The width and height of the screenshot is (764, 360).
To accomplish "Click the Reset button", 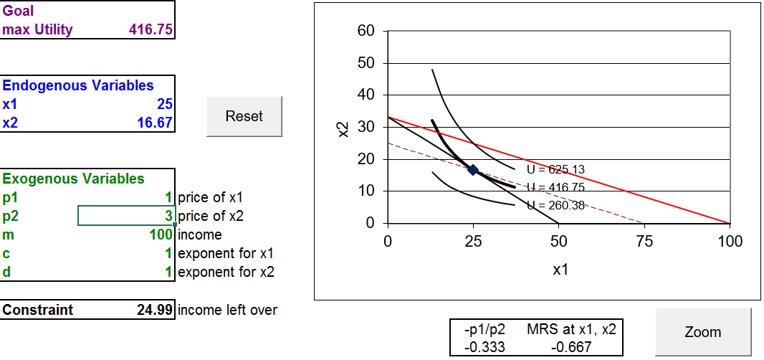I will pos(244,116).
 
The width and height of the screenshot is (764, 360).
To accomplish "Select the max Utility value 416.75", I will pos(151,29).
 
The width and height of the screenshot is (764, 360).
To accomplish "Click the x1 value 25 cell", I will pos(165,104).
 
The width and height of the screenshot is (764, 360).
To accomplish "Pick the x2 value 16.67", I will pos(155,123).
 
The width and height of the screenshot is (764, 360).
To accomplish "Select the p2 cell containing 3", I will pos(127,216).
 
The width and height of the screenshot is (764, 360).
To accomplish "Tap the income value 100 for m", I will pos(162,235).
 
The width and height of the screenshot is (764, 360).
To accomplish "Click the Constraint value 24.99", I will pos(155,310).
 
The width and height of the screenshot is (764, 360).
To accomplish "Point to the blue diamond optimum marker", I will pos(473,170).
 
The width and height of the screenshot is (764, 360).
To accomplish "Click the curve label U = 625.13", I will pos(555,170).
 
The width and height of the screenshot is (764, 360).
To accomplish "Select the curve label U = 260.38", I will pos(555,205).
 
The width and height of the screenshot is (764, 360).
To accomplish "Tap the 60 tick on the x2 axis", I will pos(366,32).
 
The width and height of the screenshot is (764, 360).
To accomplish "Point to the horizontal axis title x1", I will pos(560,270).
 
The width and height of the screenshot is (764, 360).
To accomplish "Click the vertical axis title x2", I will pos(343,129).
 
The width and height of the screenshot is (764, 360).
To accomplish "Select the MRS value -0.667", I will pos(571,347).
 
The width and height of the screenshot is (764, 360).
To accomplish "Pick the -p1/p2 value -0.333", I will pos(485,347).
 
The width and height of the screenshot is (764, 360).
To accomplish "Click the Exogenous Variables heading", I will pos(74,179).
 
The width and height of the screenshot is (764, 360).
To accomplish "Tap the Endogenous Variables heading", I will pos(78,85).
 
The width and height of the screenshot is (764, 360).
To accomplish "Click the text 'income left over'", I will pos(227,310).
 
